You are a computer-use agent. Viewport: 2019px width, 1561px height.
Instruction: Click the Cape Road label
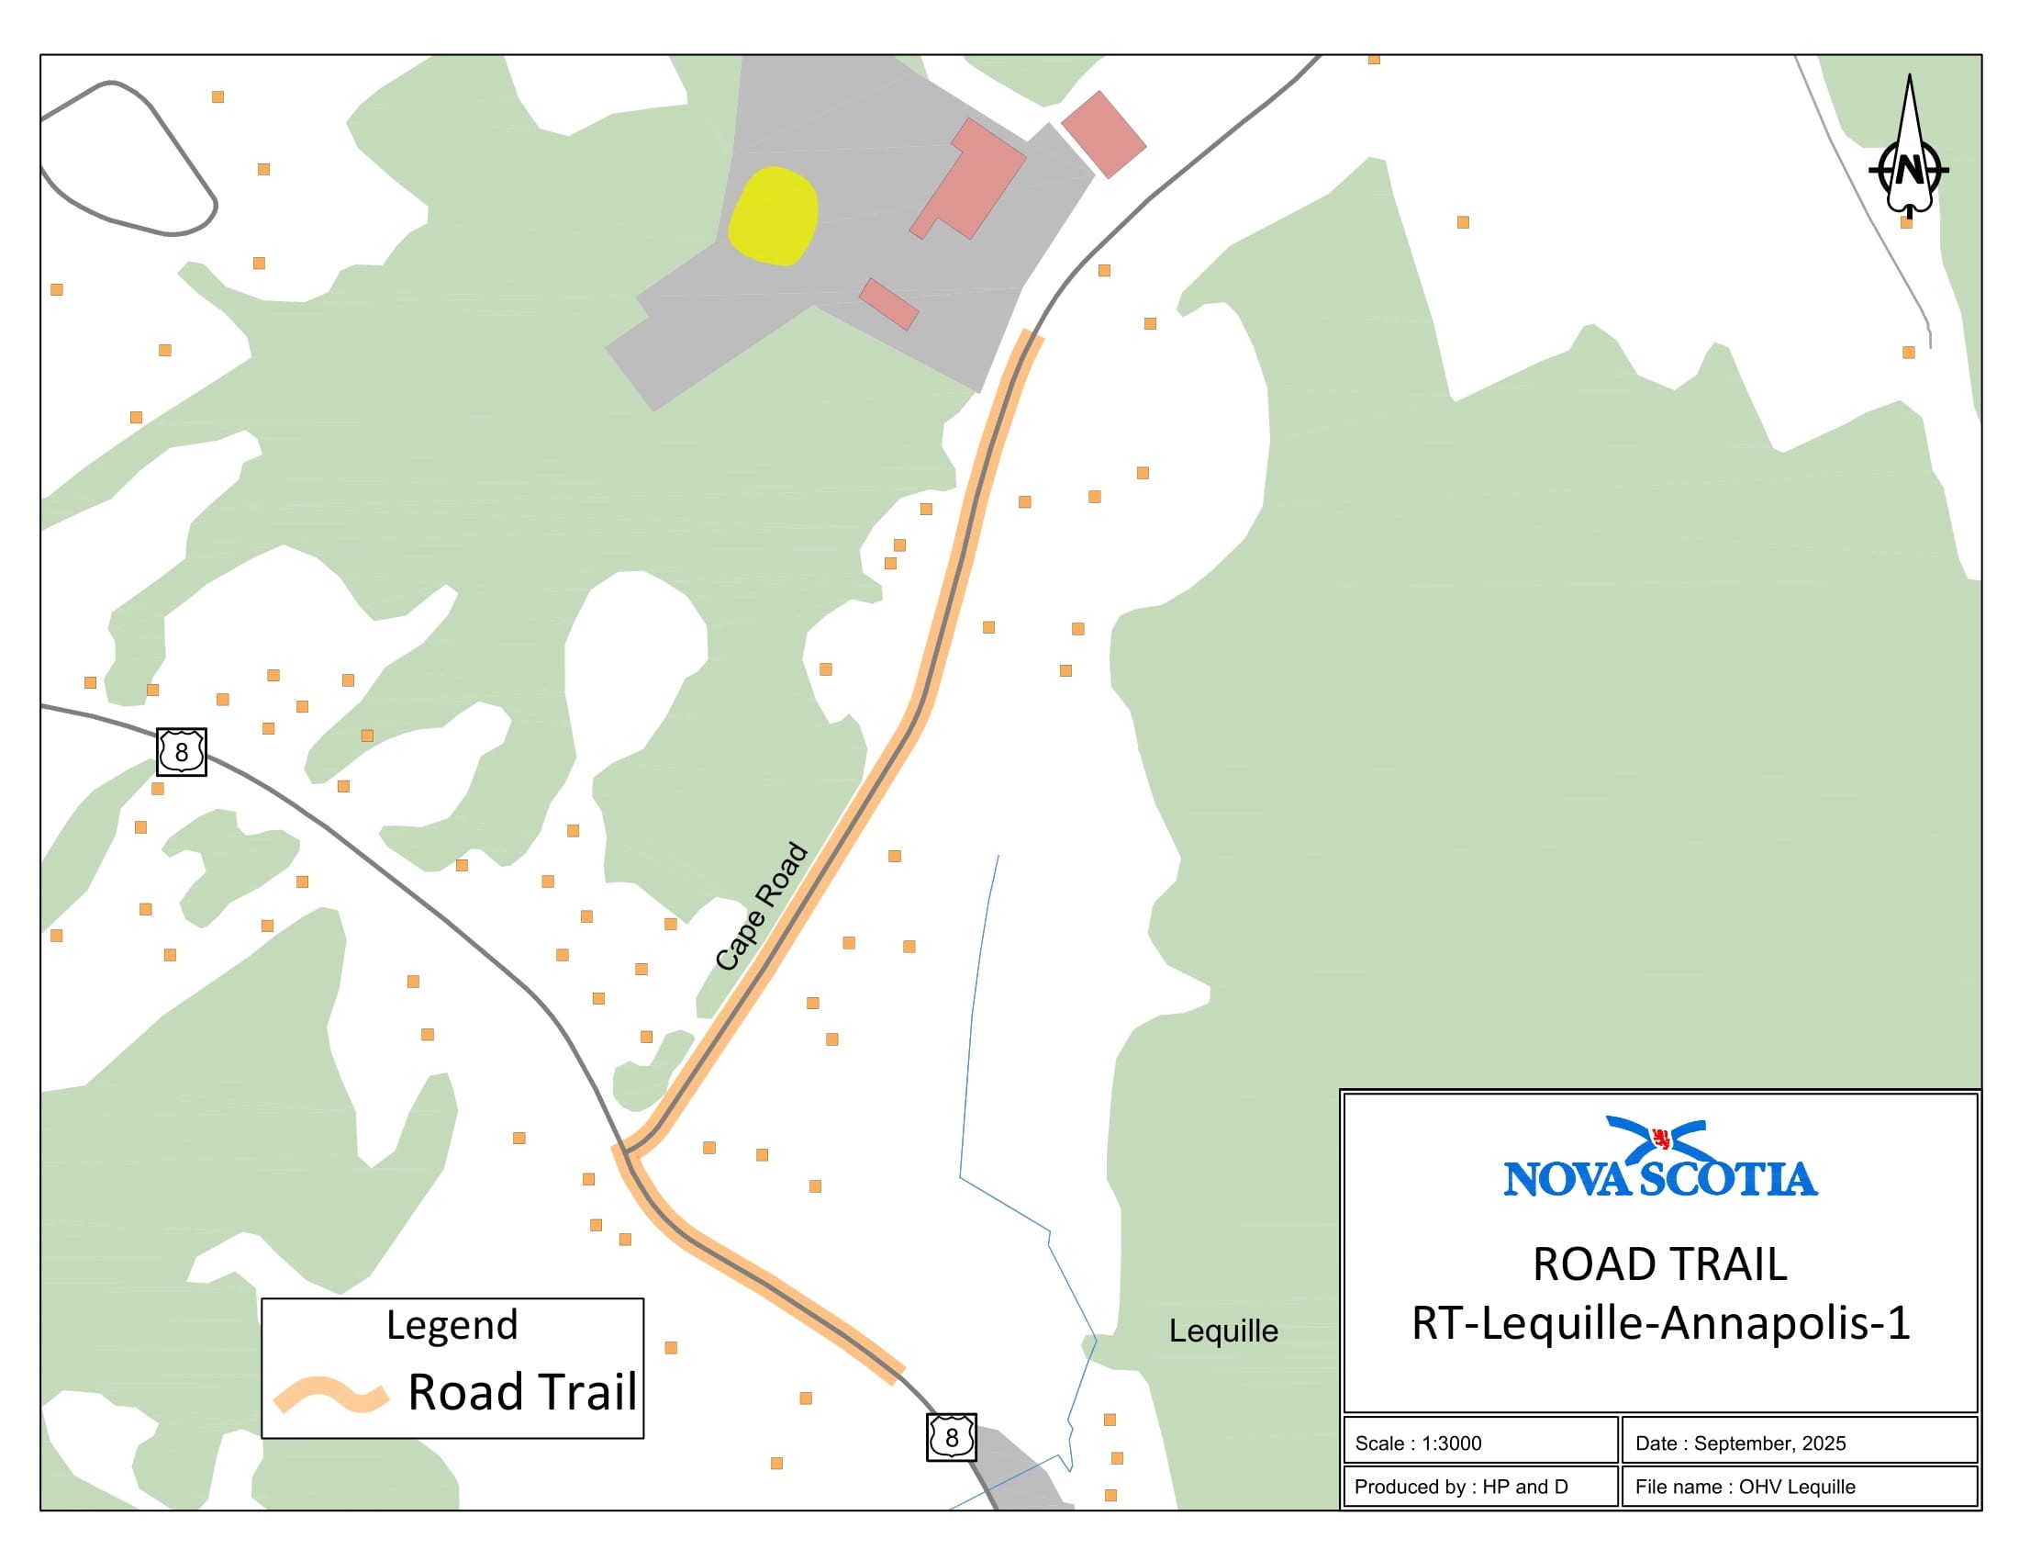761,906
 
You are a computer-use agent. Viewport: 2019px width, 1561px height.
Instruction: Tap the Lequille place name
1222,1331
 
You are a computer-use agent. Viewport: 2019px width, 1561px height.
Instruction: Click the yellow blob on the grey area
773,217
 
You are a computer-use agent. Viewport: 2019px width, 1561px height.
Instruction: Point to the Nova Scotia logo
1660,1159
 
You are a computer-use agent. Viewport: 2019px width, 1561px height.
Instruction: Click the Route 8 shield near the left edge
181,752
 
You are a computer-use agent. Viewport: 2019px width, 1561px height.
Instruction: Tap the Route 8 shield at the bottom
952,1437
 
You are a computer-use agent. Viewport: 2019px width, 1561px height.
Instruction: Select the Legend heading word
452,1325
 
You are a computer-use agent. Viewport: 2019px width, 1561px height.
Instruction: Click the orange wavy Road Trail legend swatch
330,1394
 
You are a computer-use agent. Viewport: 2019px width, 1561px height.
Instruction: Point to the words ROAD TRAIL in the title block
1659,1264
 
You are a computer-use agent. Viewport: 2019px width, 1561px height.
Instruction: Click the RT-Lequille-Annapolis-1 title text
1660,1323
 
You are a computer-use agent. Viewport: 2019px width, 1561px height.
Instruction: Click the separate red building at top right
1103,134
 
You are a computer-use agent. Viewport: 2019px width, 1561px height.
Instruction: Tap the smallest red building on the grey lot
888,303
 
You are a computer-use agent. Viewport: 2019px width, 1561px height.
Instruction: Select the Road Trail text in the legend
522,1392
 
